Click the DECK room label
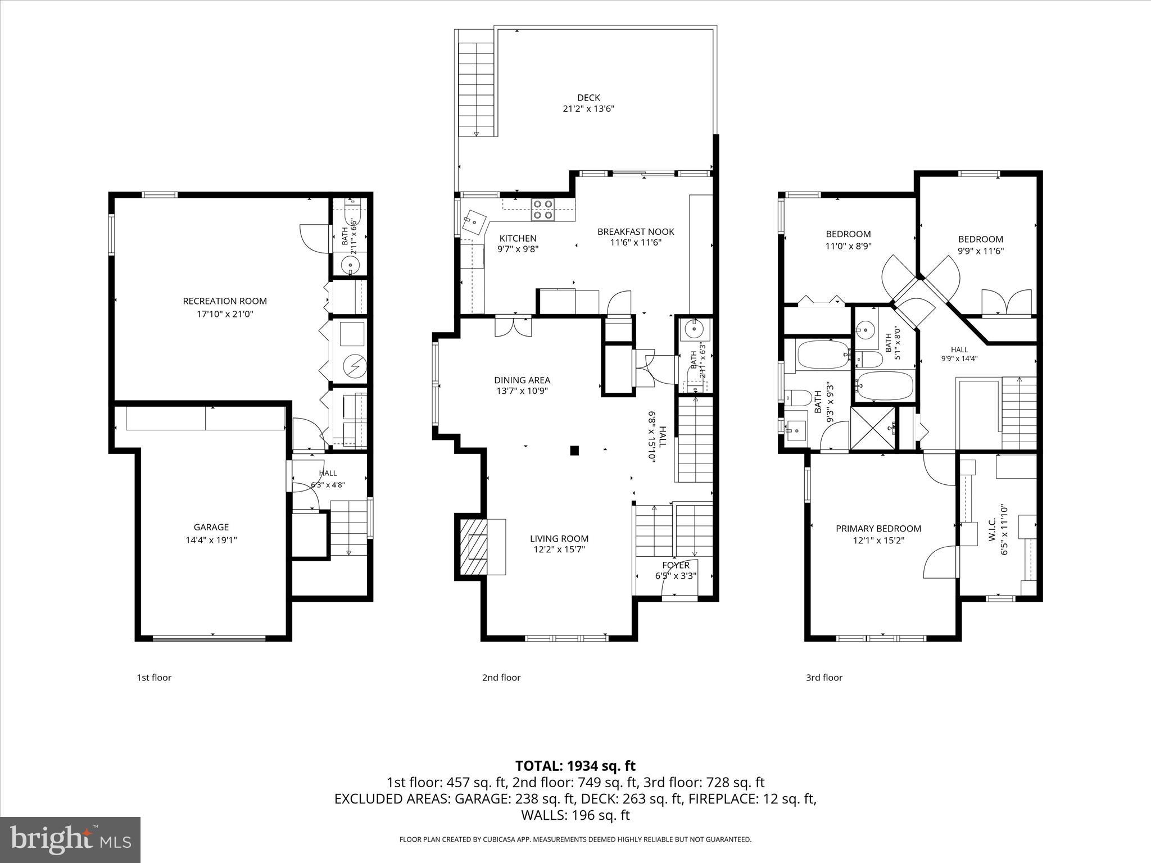pos(588,97)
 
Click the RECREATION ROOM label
pos(225,301)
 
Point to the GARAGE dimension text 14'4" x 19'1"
pos(211,540)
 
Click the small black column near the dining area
pos(574,450)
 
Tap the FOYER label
pos(676,565)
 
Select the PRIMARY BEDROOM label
pos(878,528)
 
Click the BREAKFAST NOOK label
pos(636,231)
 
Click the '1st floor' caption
pos(154,678)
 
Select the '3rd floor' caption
pos(824,678)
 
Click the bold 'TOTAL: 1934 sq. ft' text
pos(575,766)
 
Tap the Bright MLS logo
pos(70,839)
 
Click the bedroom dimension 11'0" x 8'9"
pos(848,246)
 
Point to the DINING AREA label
pos(522,380)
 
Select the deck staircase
pos(477,90)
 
